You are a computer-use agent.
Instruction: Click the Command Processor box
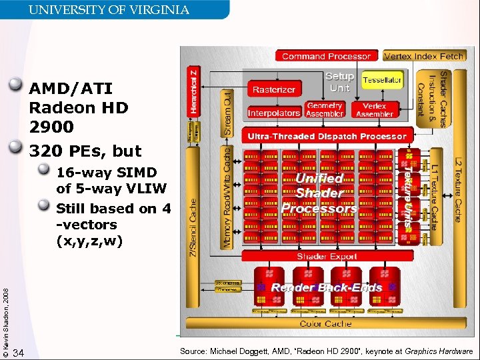tap(327, 56)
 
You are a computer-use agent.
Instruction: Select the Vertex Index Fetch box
tap(424, 56)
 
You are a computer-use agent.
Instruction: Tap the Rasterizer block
tap(273, 89)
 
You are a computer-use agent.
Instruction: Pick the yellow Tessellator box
tap(382, 80)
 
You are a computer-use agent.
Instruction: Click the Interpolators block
tap(274, 113)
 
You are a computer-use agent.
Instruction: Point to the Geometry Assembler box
tap(325, 109)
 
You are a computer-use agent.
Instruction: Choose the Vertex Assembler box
tap(374, 109)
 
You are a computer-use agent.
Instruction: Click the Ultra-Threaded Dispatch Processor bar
tap(327, 136)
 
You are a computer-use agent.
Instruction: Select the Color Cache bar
tap(325, 323)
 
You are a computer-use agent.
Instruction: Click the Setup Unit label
tap(339, 82)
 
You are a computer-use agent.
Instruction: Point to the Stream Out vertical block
tap(227, 113)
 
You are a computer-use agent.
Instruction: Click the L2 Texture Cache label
tap(457, 191)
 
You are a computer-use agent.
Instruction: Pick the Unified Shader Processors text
tap(319, 193)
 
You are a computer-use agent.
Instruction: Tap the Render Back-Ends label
tap(326, 287)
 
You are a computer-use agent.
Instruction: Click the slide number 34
tap(19, 352)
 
